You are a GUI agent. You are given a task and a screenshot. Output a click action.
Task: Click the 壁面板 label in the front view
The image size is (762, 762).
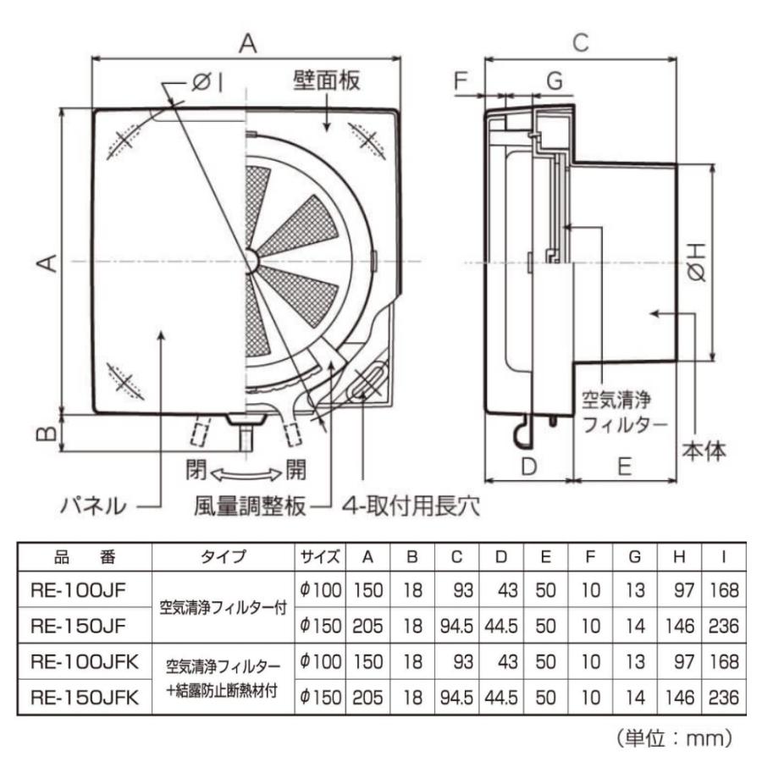pyautogui.click(x=329, y=80)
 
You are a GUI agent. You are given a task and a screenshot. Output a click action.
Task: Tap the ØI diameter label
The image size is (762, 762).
pyautogui.click(x=206, y=82)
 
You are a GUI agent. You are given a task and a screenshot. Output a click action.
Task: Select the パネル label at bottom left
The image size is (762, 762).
pyautogui.click(x=93, y=506)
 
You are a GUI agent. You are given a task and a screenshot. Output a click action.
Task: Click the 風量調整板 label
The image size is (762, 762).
pyautogui.click(x=247, y=506)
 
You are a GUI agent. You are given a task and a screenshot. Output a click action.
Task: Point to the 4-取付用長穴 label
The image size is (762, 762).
pyautogui.click(x=411, y=506)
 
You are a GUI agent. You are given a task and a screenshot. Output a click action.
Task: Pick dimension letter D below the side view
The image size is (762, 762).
pyautogui.click(x=528, y=466)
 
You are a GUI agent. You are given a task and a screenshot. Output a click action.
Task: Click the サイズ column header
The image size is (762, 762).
pyautogui.click(x=319, y=557)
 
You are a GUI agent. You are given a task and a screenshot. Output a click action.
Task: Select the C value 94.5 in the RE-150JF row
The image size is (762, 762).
pyautogui.click(x=456, y=626)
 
